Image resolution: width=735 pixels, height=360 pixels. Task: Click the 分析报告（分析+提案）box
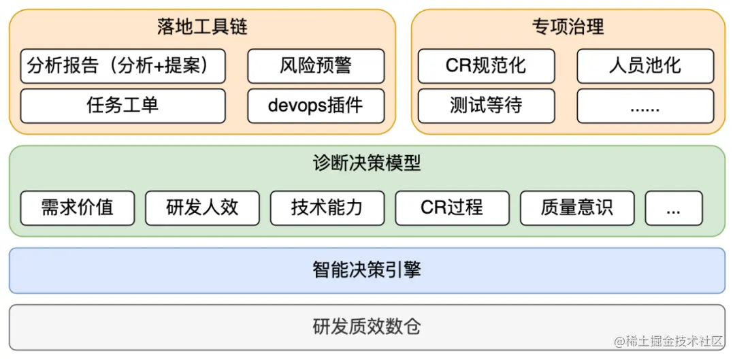point(122,66)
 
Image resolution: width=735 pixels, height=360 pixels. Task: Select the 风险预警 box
point(316,66)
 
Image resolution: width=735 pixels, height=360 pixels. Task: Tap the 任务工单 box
point(122,105)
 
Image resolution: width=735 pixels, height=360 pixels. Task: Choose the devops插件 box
point(316,105)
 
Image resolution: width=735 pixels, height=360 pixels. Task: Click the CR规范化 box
point(486,66)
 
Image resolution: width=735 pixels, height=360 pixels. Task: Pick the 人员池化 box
point(645,66)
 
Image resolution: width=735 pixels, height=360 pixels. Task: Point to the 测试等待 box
point(486,105)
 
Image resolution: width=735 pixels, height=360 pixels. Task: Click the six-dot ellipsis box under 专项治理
point(645,105)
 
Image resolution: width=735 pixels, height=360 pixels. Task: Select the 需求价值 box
point(78,208)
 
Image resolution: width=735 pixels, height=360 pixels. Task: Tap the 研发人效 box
point(202,208)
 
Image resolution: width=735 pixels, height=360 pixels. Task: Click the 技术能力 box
point(327,208)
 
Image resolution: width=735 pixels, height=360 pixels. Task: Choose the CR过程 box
point(452,208)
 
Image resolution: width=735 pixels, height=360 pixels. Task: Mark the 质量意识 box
point(577,208)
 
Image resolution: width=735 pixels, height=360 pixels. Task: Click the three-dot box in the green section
point(674,208)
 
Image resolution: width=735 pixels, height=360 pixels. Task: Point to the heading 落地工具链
point(202,27)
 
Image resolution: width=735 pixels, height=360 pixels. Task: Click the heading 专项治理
point(568,27)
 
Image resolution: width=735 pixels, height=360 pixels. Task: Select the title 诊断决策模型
point(367,163)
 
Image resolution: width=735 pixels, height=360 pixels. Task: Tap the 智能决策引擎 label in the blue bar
point(367,270)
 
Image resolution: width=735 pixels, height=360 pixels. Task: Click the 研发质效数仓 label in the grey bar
point(367,327)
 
